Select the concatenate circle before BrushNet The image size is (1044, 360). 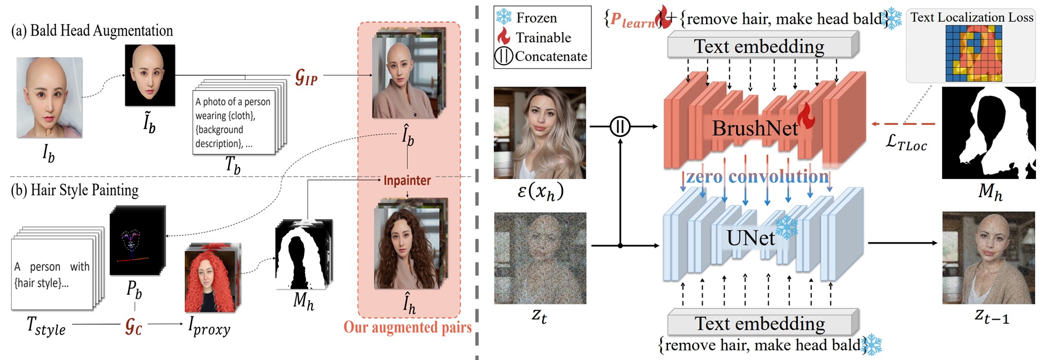[x=620, y=127]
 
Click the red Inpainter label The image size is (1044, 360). [x=407, y=180]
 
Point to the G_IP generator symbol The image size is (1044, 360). [x=306, y=77]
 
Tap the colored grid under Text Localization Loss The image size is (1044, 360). [x=974, y=53]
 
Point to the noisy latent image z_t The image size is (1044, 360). [x=540, y=258]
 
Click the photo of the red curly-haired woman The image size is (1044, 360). [x=210, y=281]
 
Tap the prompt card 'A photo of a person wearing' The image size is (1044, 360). [x=233, y=122]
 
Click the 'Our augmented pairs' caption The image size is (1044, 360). [x=408, y=327]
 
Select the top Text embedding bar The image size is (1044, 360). [x=759, y=47]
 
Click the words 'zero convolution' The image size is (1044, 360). [x=757, y=177]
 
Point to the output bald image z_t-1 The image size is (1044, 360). [x=988, y=258]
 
